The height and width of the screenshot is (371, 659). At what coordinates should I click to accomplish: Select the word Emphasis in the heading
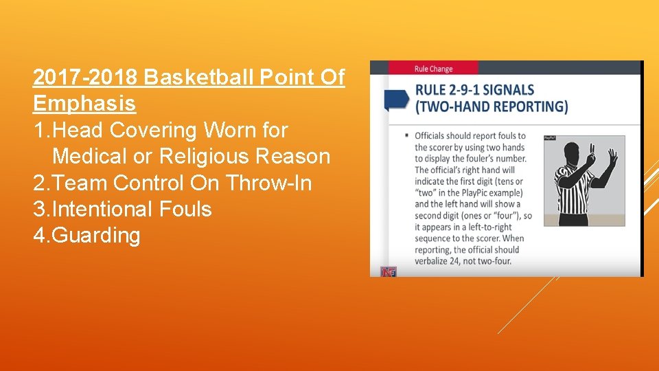(84, 104)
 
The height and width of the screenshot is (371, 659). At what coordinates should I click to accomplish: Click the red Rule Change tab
(433, 68)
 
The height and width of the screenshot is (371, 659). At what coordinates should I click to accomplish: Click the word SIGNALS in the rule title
(510, 90)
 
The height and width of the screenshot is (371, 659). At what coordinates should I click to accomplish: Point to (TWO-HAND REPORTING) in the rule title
(492, 106)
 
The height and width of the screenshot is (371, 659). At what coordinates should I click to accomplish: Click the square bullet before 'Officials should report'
(408, 136)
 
